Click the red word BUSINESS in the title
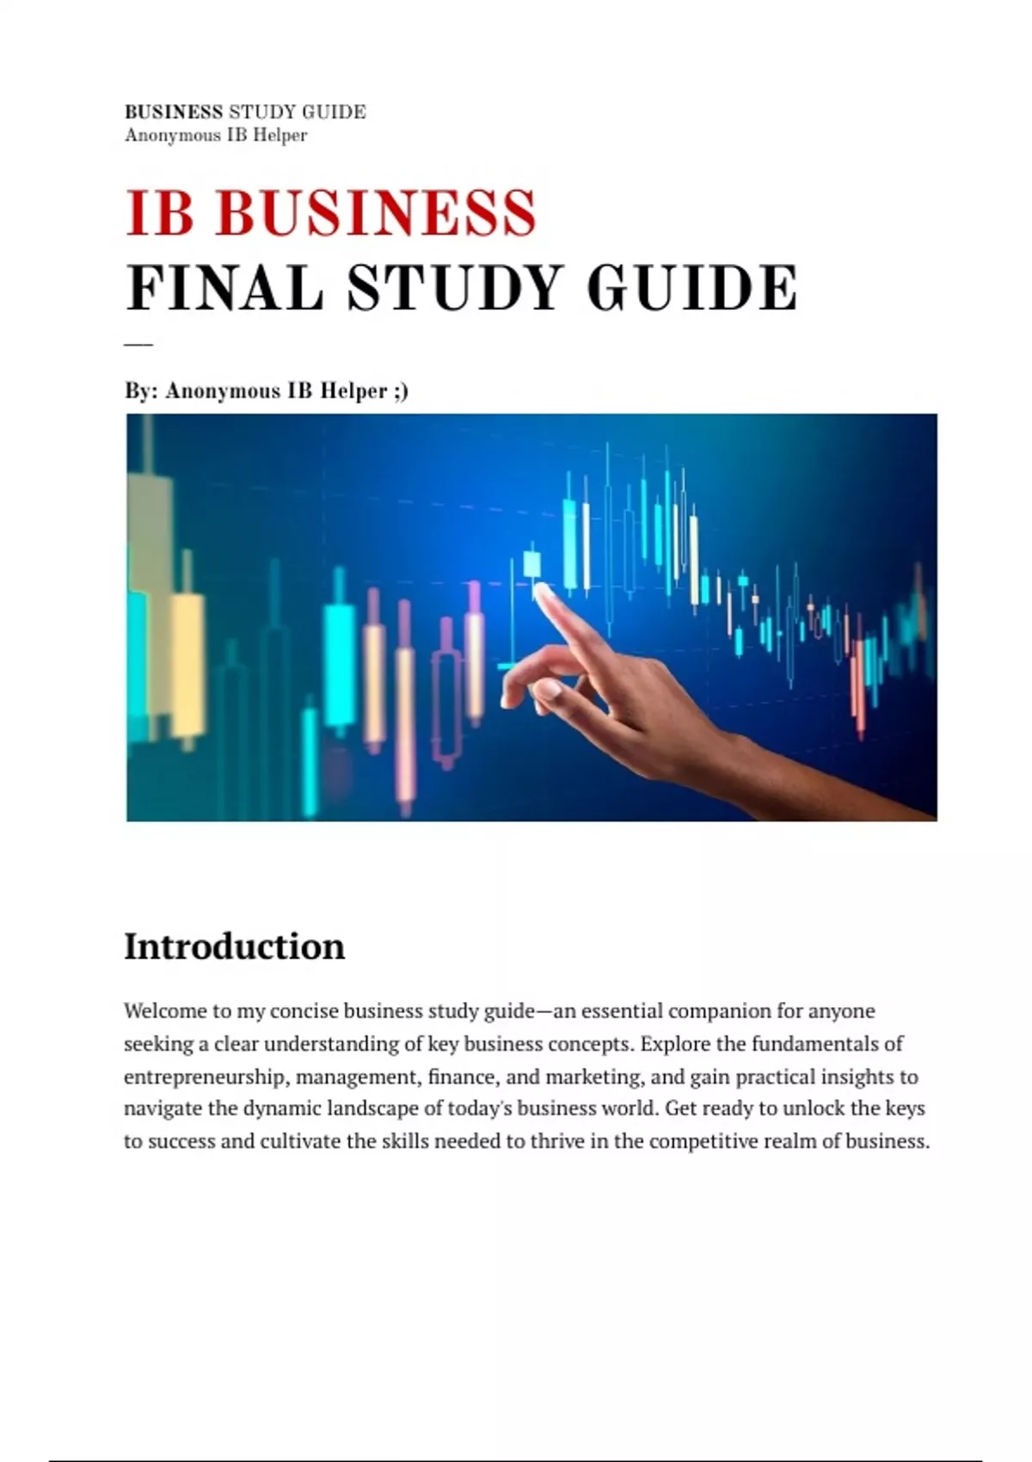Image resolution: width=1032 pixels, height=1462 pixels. coord(377,212)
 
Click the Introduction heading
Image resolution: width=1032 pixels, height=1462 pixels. coord(234,946)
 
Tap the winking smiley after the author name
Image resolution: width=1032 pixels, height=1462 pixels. coord(400,391)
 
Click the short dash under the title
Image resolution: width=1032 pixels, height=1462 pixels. coord(138,344)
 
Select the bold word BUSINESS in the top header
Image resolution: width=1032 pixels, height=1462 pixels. coord(174,112)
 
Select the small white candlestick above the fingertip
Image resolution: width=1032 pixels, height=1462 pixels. coord(532,564)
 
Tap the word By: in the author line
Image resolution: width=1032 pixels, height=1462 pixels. coord(139,391)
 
